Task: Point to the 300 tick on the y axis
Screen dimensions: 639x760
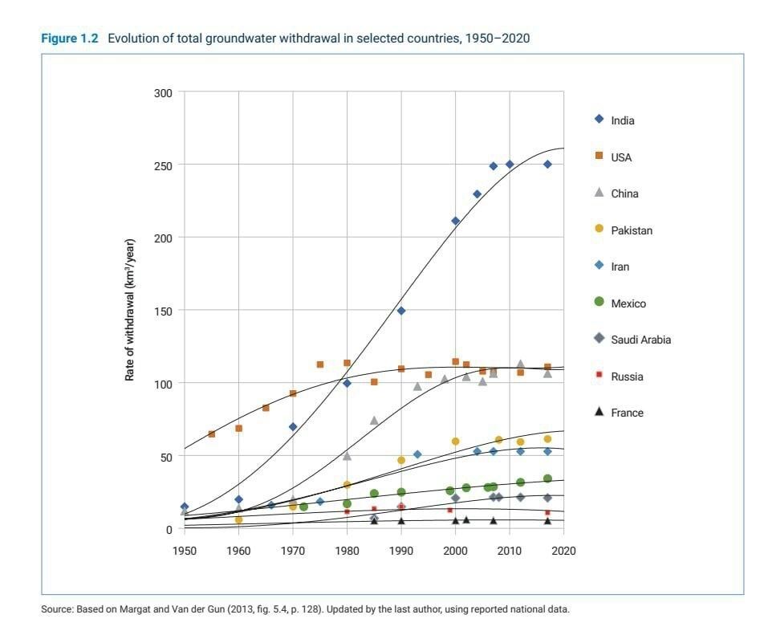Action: point(163,92)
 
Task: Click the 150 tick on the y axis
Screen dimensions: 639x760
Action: point(163,311)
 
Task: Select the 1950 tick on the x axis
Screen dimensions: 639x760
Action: point(185,551)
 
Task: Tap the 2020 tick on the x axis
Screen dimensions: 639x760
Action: point(564,551)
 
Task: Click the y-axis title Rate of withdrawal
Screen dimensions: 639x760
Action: point(129,310)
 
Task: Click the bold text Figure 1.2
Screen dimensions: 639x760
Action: point(69,39)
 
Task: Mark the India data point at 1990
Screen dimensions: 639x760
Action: point(401,311)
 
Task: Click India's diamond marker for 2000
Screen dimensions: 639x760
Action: point(455,221)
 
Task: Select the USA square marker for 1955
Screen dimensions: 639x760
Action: point(211,434)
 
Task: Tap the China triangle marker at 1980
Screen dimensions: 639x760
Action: point(347,456)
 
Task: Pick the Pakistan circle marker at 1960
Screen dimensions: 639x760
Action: point(238,520)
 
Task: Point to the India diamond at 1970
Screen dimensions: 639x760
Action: point(293,427)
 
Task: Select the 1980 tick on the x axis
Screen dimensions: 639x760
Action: point(347,551)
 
